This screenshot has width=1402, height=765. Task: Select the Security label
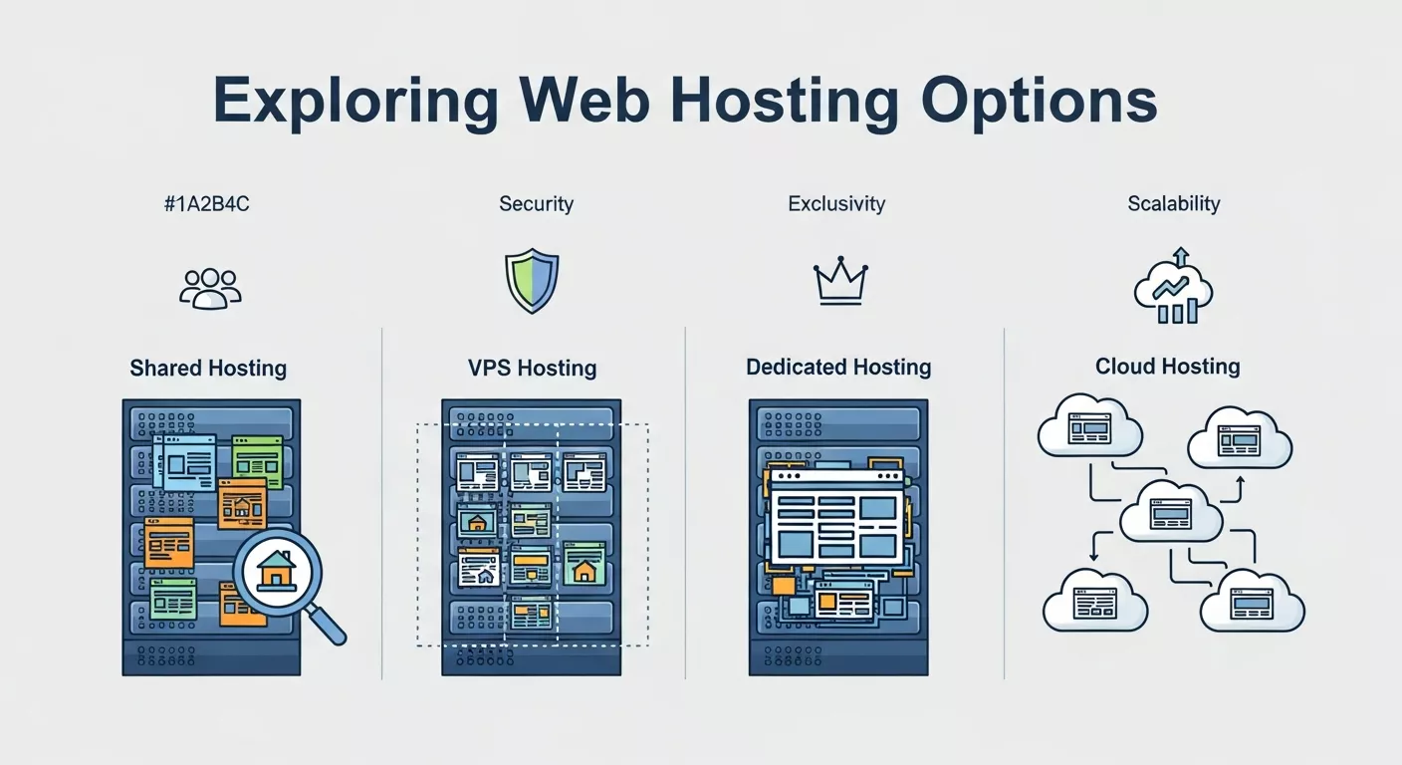536,204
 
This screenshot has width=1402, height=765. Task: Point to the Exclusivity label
836,204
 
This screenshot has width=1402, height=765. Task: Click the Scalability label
1173,204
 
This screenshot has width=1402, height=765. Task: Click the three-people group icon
210,287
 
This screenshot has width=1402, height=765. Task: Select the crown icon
839,284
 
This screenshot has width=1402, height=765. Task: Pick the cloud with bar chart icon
1174,288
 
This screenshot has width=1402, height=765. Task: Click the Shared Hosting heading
208,369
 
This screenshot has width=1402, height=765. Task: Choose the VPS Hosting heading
532,369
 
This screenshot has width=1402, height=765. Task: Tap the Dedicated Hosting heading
838,368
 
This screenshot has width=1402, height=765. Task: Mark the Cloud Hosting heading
1167,367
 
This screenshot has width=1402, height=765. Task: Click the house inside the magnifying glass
276,571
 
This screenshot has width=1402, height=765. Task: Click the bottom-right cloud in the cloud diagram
1252,601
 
